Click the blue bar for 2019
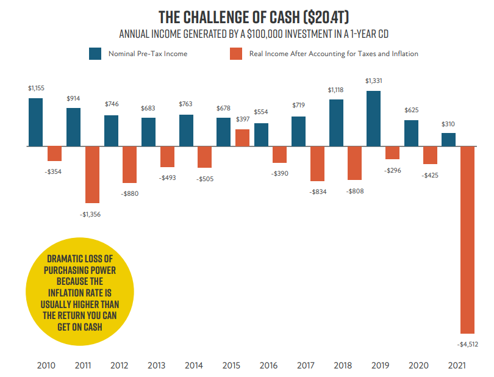point(373,119)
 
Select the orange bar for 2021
point(467,239)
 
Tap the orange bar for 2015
point(242,138)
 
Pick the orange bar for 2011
point(92,174)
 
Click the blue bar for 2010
point(36,122)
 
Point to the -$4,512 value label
point(467,345)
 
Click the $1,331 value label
point(373,81)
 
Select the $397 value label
point(243,120)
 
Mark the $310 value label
point(448,124)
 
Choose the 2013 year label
point(157,365)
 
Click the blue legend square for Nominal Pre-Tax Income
point(95,54)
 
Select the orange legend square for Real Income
point(236,54)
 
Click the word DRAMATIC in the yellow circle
point(65,259)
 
